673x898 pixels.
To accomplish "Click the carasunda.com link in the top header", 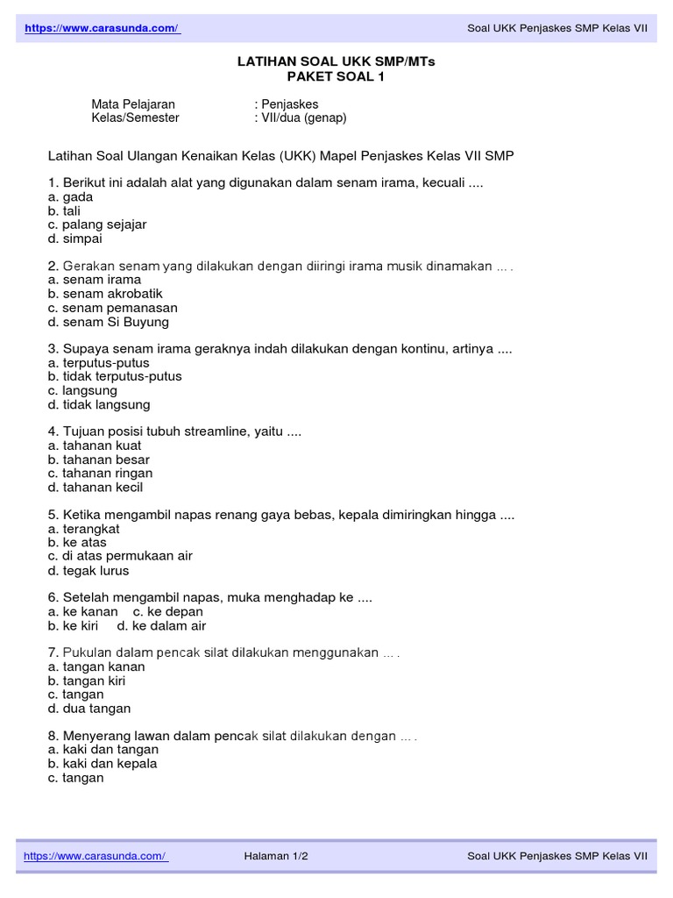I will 103,29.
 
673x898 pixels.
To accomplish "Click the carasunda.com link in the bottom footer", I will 96,856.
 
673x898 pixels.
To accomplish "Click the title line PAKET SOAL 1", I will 336,76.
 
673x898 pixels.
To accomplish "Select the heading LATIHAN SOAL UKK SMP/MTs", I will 336,62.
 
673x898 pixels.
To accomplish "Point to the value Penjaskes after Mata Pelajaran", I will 288,104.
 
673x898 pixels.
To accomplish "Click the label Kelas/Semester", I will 135,118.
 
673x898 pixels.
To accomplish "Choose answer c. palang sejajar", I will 97,224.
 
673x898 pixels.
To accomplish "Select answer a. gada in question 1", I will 71,197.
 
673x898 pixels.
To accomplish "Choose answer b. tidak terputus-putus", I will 115,376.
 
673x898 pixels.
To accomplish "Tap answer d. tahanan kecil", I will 96,488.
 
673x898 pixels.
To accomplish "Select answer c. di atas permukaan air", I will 120,556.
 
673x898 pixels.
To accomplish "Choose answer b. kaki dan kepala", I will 103,764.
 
